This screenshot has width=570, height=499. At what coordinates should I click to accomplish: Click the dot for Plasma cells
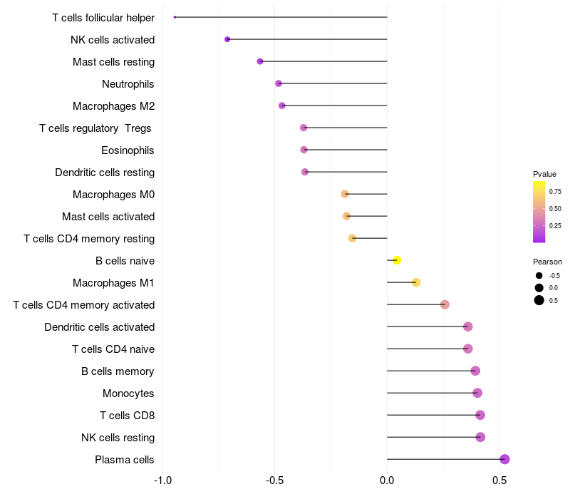click(x=504, y=459)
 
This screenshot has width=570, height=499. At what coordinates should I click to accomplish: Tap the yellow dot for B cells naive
click(x=397, y=260)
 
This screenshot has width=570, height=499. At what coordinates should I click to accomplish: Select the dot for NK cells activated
click(x=227, y=39)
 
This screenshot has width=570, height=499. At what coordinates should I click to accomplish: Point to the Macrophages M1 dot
click(x=416, y=282)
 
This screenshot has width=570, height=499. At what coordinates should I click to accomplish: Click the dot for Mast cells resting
click(x=260, y=61)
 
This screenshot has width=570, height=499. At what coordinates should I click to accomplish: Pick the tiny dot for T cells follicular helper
click(x=175, y=17)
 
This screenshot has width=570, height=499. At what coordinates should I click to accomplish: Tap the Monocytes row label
click(x=128, y=393)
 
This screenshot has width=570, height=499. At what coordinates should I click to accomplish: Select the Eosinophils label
click(x=128, y=150)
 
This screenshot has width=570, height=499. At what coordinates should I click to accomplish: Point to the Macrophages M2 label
click(x=113, y=106)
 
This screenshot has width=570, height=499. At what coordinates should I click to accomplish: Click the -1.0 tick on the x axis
click(x=162, y=480)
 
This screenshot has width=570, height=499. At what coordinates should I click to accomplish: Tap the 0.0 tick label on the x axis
click(x=387, y=480)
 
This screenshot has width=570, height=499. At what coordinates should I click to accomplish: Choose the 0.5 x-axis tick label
click(x=499, y=480)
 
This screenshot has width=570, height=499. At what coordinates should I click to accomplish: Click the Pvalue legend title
click(x=544, y=174)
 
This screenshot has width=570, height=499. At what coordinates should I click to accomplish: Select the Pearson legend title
click(x=547, y=262)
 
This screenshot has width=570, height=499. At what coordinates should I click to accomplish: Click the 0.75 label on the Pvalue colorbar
click(x=555, y=192)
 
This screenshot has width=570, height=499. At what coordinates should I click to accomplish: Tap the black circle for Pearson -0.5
click(x=539, y=275)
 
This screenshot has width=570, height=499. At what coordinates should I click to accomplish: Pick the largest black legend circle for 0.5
click(x=539, y=300)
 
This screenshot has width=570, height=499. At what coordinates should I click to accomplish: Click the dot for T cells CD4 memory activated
click(x=445, y=304)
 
